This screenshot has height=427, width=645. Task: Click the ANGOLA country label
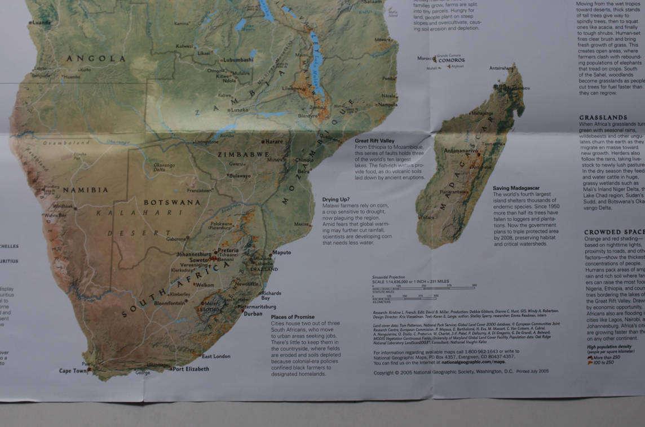[x=96, y=59]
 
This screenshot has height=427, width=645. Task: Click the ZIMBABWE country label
[x=245, y=154]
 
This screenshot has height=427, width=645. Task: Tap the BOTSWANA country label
[x=172, y=202]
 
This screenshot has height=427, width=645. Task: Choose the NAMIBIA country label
[x=85, y=190]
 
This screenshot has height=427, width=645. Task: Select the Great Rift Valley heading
[x=374, y=140]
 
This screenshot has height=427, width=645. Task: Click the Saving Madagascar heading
[x=516, y=188]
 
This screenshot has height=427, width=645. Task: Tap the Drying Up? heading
[x=336, y=199]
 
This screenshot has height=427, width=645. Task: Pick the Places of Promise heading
[x=293, y=317]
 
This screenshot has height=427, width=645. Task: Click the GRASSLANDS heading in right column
[x=603, y=117]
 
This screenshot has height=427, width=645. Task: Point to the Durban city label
[x=253, y=313]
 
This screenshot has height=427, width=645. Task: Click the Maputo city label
[x=281, y=252]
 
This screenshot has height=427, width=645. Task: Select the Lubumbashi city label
[x=238, y=59]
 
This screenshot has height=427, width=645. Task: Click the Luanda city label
[x=41, y=23]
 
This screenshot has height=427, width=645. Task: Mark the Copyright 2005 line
[x=461, y=372]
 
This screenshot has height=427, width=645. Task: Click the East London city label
[x=216, y=356]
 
